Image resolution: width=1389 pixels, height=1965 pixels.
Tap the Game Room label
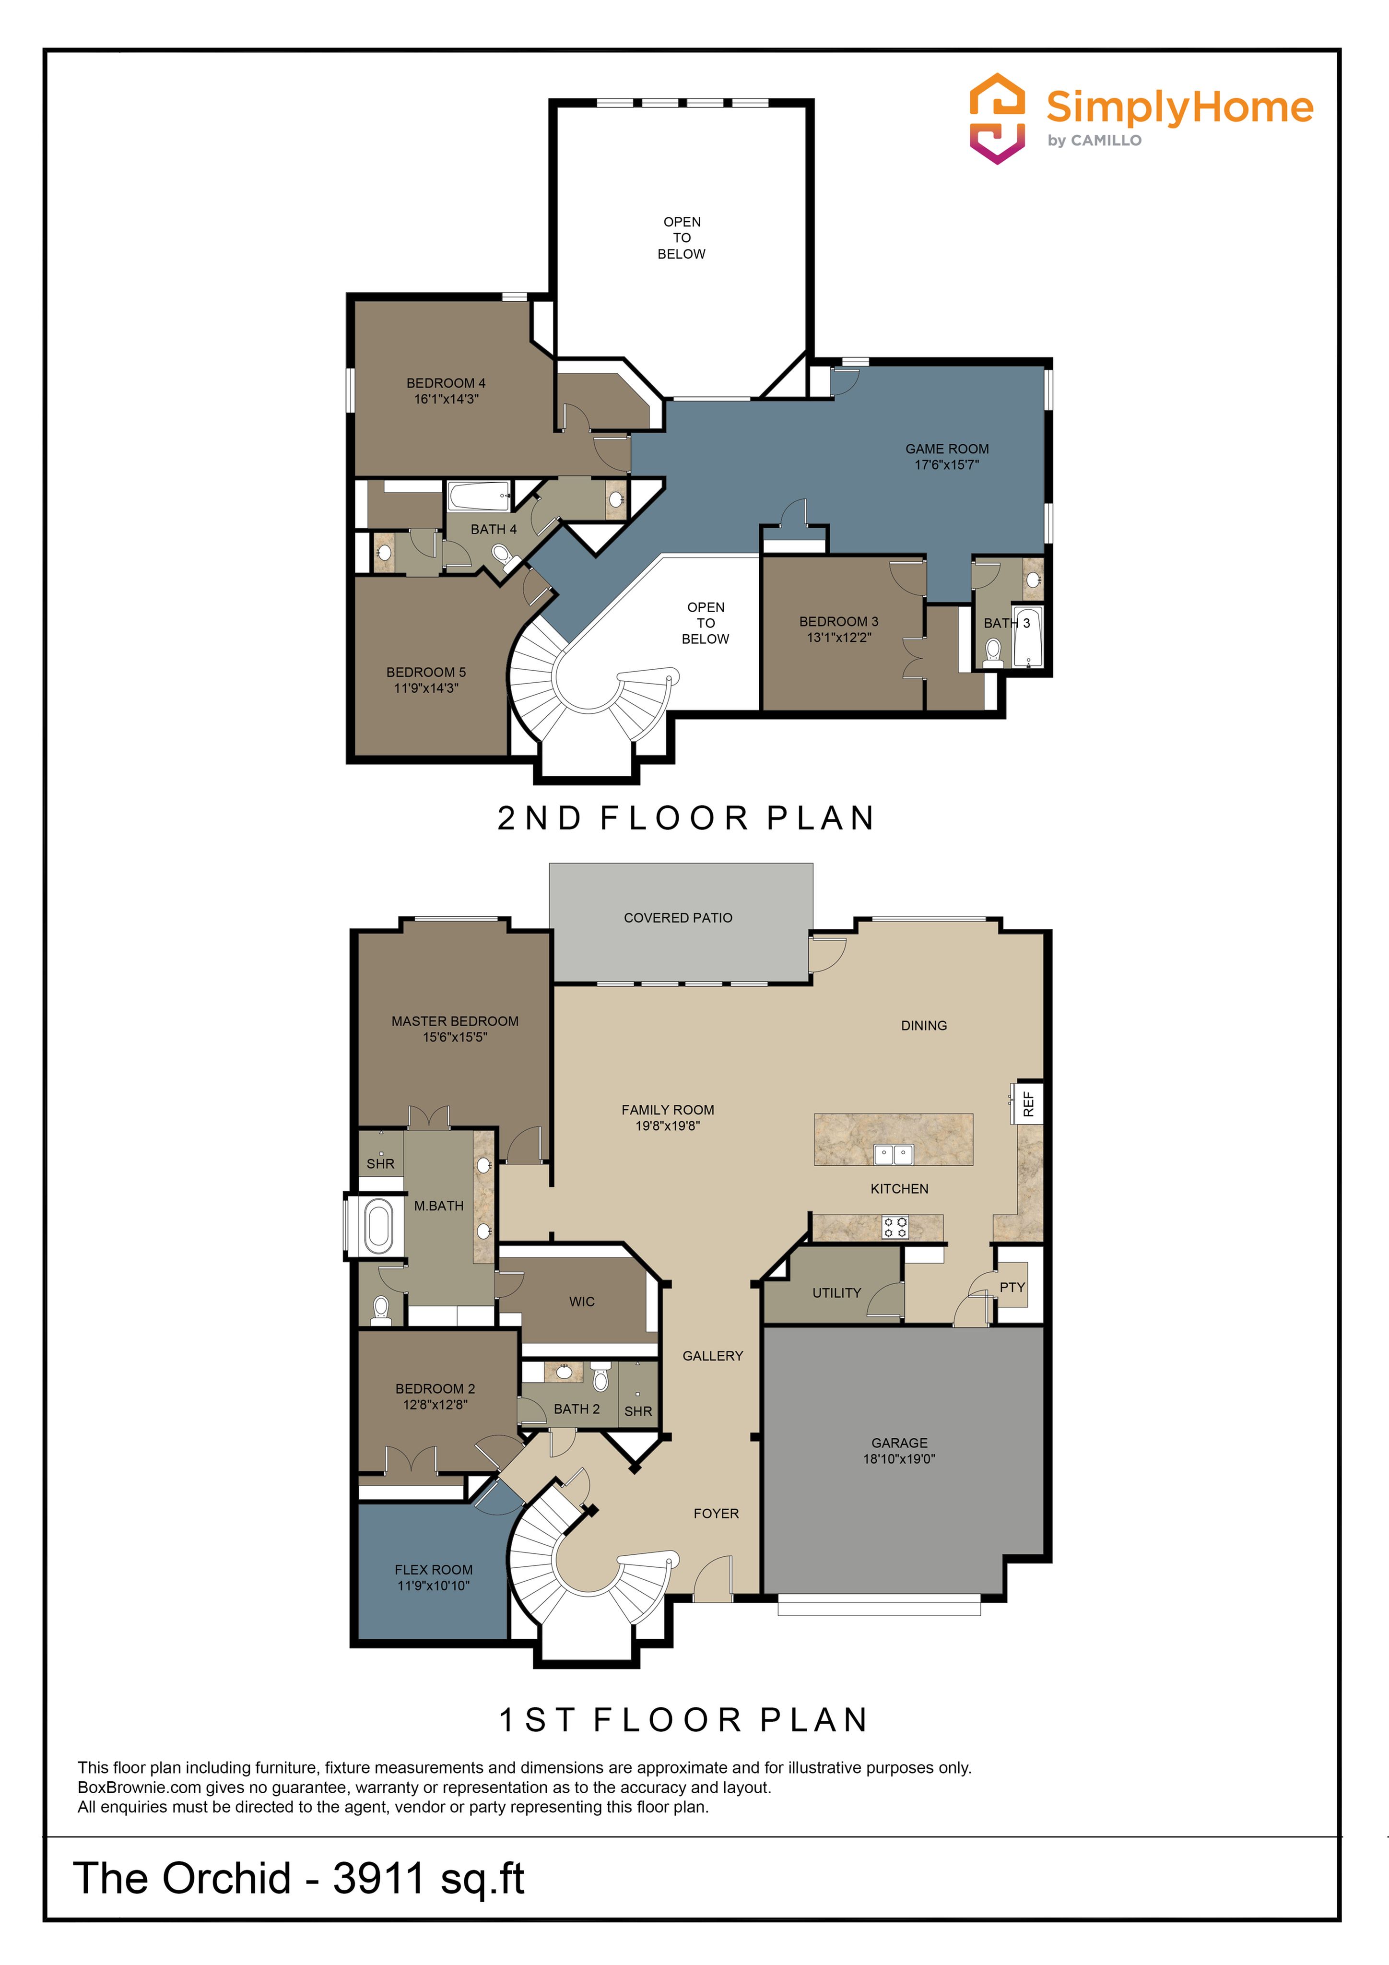pyautogui.click(x=946, y=449)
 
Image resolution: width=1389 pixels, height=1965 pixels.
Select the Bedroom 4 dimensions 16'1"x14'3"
pyautogui.click(x=446, y=399)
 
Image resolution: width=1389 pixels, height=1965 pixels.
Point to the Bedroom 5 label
pyautogui.click(x=426, y=672)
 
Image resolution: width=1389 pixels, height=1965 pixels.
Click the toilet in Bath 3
pyautogui.click(x=993, y=652)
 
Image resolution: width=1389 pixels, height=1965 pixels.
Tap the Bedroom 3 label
pyautogui.click(x=839, y=621)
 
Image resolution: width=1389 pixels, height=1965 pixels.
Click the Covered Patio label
pyautogui.click(x=678, y=917)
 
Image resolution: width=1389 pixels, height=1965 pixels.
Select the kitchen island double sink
pyautogui.click(x=894, y=1155)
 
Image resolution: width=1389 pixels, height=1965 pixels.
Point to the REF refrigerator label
pyautogui.click(x=1029, y=1104)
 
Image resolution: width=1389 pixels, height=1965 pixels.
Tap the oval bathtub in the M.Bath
pyautogui.click(x=378, y=1226)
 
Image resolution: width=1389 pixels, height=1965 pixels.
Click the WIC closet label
pyautogui.click(x=582, y=1302)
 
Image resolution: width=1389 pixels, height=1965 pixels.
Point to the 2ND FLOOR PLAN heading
pyautogui.click(x=686, y=818)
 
